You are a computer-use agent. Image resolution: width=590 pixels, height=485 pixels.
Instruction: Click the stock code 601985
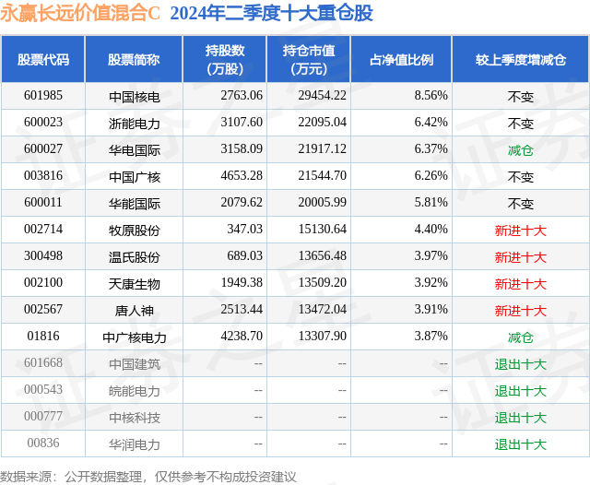tap(43, 96)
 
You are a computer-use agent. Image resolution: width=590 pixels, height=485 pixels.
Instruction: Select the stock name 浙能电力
tap(135, 124)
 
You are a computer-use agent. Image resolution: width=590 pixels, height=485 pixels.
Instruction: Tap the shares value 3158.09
tap(242, 149)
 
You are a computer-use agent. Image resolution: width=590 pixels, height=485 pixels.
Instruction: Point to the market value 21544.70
tap(322, 176)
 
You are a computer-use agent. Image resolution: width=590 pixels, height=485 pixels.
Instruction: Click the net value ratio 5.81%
tap(431, 203)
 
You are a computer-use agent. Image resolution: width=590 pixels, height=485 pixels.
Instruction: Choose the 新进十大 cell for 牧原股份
tap(520, 231)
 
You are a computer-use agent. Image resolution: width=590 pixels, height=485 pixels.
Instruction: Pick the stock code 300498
tap(43, 255)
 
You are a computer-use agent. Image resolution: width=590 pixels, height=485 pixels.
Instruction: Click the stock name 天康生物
tap(135, 284)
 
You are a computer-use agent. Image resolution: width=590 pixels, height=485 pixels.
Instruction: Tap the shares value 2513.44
tap(242, 309)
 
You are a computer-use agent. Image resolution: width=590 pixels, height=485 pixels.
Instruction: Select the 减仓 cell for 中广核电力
tap(520, 337)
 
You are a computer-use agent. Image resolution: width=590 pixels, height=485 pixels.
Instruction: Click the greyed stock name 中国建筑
tap(135, 364)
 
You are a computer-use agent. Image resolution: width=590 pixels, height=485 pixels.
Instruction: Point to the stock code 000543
tap(43, 389)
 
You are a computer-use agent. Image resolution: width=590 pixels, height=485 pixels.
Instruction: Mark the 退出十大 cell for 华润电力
tap(520, 444)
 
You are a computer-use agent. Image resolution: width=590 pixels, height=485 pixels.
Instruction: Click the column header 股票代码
tap(43, 60)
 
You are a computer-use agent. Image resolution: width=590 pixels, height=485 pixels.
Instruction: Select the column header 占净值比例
tap(402, 60)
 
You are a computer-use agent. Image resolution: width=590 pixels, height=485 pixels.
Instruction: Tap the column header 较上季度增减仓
tap(520, 60)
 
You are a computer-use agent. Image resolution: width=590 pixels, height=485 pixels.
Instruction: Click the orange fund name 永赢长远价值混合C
tap(80, 13)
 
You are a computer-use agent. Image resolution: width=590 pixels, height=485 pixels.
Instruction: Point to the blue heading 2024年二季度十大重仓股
tap(271, 13)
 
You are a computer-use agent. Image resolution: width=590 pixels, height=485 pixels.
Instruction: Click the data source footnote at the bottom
tap(147, 477)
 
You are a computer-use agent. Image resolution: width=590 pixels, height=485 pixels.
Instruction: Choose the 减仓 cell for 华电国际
tap(520, 150)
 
